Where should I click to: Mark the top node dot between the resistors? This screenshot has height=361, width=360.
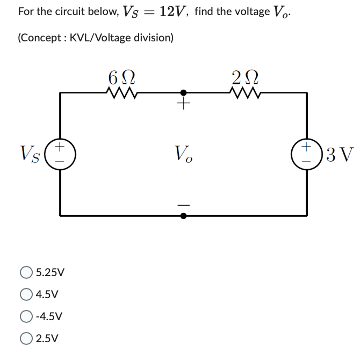(183, 93)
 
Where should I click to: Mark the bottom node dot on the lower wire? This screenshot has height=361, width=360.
(183, 216)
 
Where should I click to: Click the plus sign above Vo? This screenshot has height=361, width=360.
(183, 105)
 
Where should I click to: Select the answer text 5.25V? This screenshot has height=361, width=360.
(50, 272)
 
